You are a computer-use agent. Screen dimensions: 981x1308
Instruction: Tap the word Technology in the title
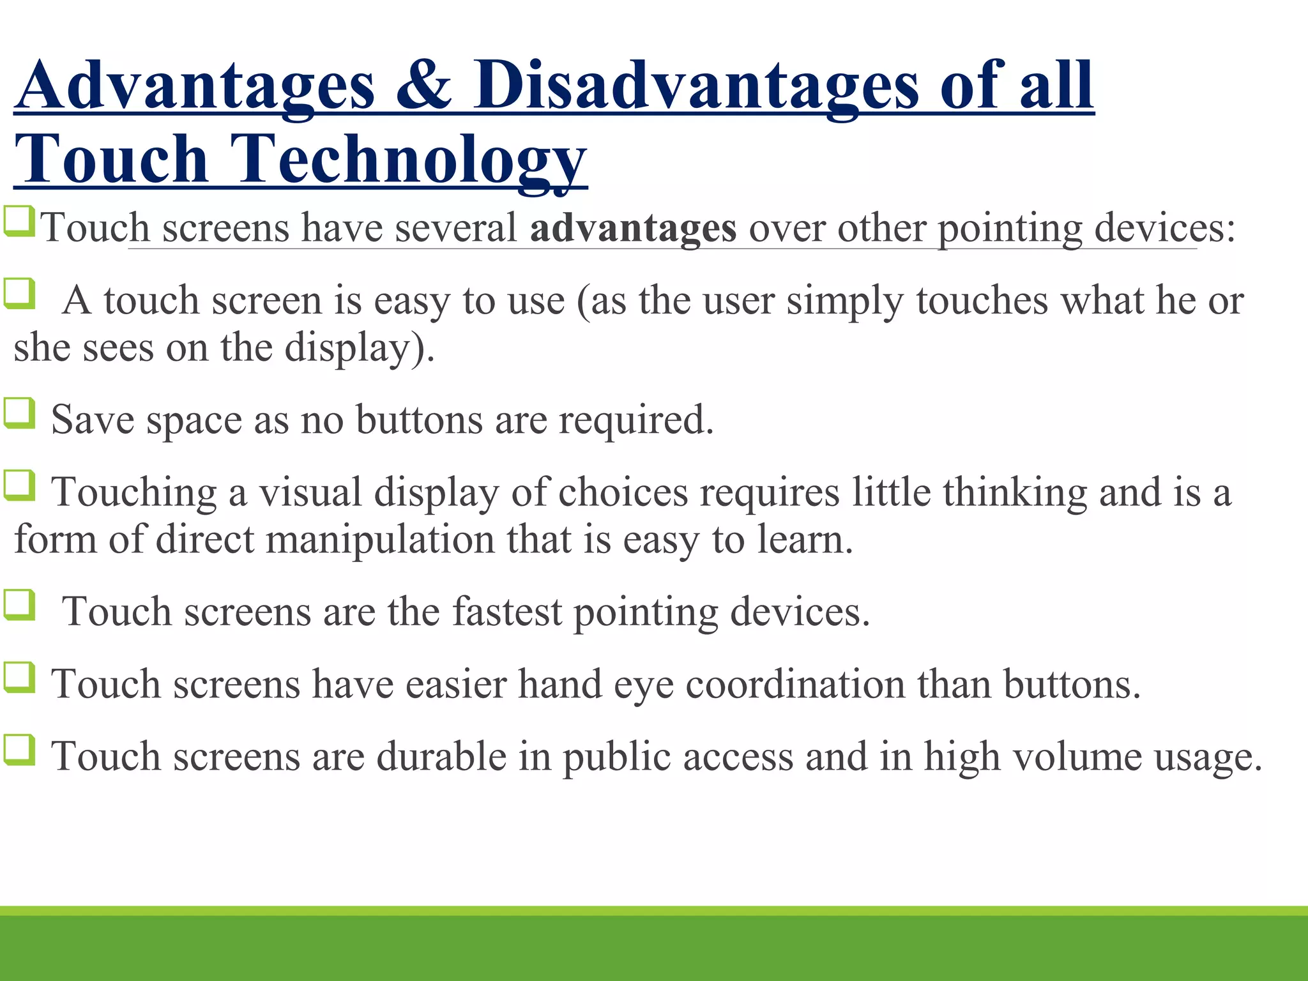click(x=409, y=160)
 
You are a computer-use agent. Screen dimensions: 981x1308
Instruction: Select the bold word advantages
click(x=633, y=228)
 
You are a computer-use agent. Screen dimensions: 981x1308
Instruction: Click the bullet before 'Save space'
click(x=19, y=413)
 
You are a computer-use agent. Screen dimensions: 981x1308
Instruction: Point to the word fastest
click(x=508, y=611)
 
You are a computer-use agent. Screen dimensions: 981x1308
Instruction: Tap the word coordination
click(x=795, y=684)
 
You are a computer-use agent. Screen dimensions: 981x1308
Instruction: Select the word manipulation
click(x=380, y=539)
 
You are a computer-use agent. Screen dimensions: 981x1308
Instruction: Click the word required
click(x=636, y=420)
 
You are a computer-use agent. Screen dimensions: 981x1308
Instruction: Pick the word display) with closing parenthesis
click(x=360, y=348)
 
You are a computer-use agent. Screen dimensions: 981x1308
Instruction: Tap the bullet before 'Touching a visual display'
click(x=19, y=485)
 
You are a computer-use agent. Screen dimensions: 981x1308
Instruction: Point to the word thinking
click(x=1014, y=492)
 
